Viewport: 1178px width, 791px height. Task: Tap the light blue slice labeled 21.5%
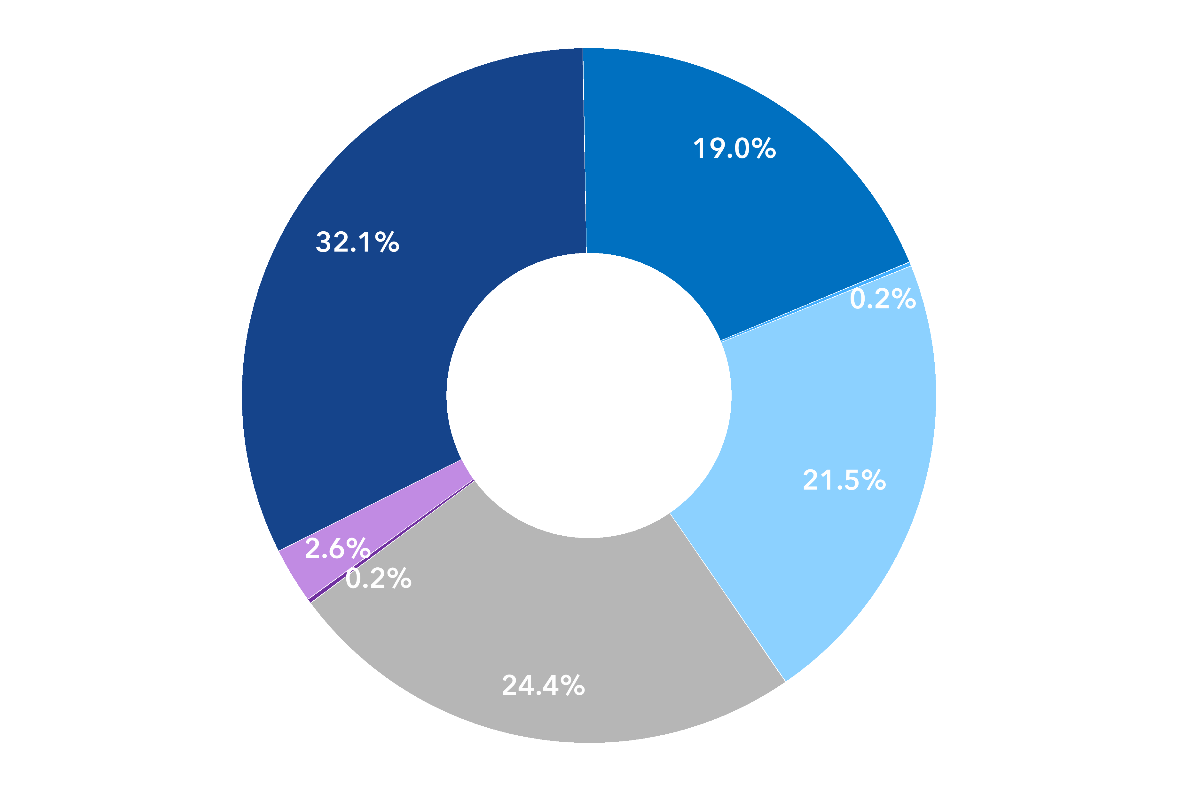pyautogui.click(x=832, y=429)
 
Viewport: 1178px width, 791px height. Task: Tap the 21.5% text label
pyautogui.click(x=844, y=480)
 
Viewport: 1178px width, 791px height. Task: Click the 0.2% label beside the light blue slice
pyautogui.click(x=883, y=299)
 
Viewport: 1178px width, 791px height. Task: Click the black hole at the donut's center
pyautogui.click(x=589, y=395)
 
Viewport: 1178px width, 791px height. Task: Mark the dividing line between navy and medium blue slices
pyautogui.click(x=585, y=151)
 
